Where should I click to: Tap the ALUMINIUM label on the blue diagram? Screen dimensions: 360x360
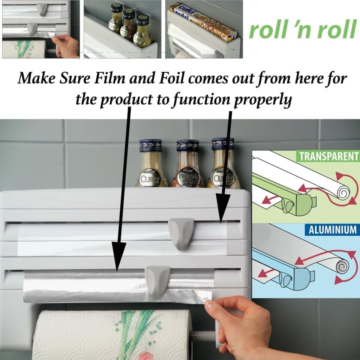click(x=332, y=229)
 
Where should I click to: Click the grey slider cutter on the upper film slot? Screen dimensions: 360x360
click(x=181, y=233)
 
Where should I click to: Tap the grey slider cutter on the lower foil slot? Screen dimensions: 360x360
click(x=157, y=281)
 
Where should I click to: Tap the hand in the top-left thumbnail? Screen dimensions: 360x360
click(x=69, y=45)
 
